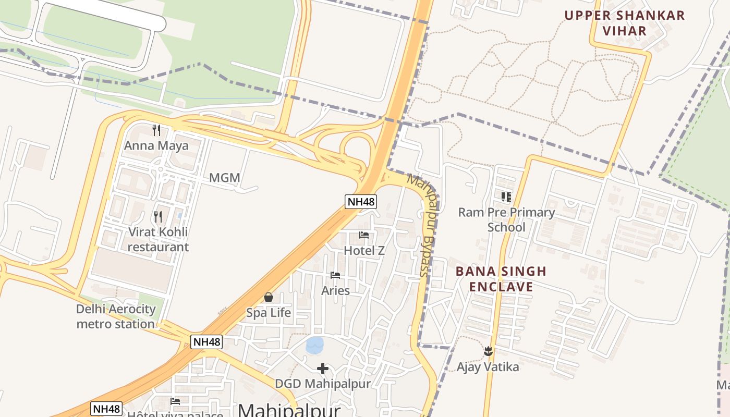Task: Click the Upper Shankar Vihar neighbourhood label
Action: point(625,22)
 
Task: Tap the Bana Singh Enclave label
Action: point(501,279)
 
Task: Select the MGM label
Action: point(225,178)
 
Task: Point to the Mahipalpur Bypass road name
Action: point(425,225)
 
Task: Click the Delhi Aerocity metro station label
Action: point(116,316)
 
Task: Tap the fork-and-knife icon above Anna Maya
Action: point(156,130)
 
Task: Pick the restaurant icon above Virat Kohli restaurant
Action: point(158,216)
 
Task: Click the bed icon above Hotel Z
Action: point(364,235)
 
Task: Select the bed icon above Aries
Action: point(335,275)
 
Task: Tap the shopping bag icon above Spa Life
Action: point(269,298)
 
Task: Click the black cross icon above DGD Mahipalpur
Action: point(323,369)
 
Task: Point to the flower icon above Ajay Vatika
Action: point(488,351)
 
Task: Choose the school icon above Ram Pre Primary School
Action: point(506,197)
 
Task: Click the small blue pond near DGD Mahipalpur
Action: point(314,345)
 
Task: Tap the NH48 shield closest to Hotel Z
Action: point(361,202)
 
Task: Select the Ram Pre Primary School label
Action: point(506,219)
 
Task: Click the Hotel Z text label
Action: point(364,251)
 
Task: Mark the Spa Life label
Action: point(269,313)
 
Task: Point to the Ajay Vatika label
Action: point(488,367)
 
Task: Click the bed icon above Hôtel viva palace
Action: point(175,401)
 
